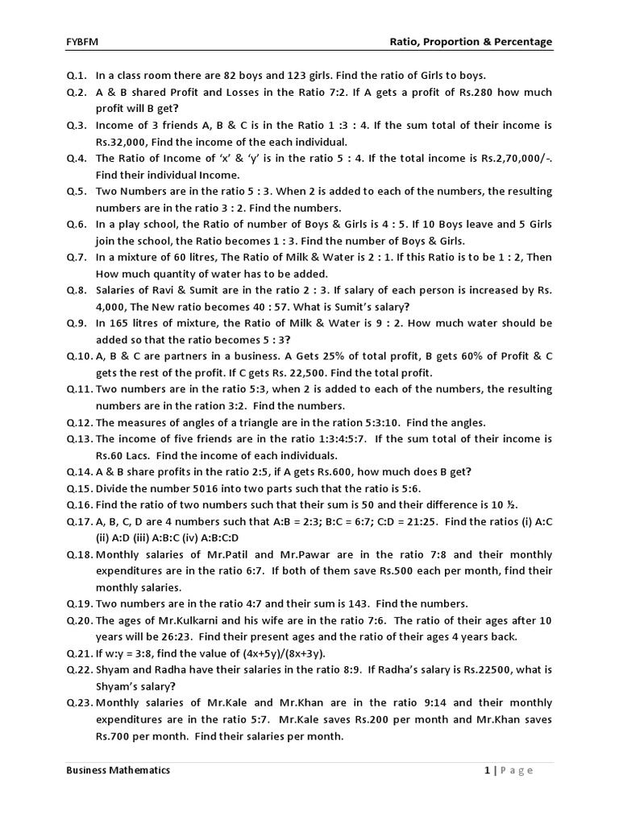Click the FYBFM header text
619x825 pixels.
coord(81,42)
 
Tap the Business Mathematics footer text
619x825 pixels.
coord(118,770)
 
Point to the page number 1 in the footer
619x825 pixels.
coord(487,770)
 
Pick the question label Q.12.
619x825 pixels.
coord(80,422)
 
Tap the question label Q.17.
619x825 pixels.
coord(80,521)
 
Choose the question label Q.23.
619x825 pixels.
coord(80,703)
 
